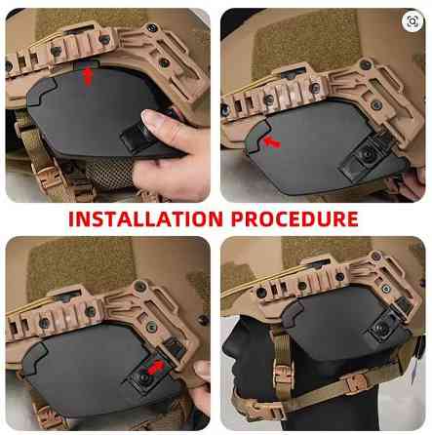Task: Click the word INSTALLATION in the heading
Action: point(145,218)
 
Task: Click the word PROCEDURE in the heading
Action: point(295,218)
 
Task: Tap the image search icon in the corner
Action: point(412,21)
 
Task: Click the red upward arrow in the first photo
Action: point(88,76)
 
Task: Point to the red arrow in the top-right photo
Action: point(272,141)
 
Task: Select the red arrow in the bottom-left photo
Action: point(156,368)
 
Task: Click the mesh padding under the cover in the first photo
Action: point(109,173)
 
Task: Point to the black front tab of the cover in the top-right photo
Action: point(256,138)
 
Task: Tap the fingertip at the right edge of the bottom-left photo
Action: point(202,371)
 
